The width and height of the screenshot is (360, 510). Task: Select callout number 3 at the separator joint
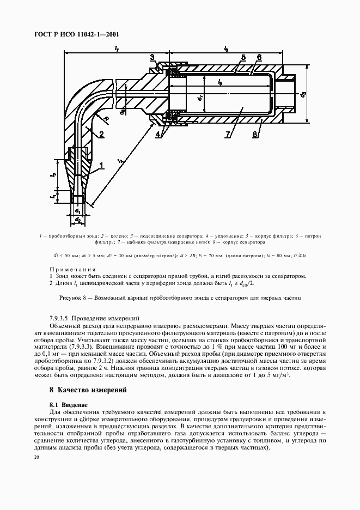click(x=152, y=57)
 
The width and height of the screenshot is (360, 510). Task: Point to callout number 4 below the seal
click(x=157, y=133)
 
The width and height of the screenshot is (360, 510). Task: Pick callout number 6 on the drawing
click(x=259, y=57)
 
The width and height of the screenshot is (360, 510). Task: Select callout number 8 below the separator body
click(x=255, y=133)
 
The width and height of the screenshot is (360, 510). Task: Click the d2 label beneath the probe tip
click(x=78, y=220)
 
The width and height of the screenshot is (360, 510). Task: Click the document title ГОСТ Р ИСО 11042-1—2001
click(x=78, y=34)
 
